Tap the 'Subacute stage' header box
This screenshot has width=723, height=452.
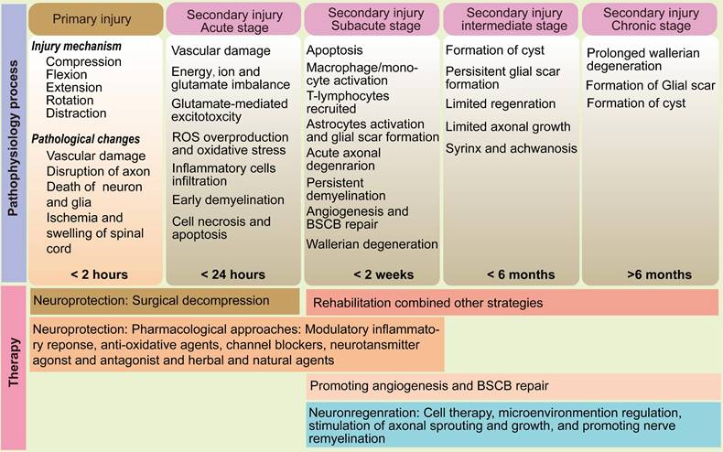[x=371, y=19]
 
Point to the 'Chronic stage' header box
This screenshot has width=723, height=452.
[x=650, y=19]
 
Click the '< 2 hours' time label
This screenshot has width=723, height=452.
[x=99, y=274]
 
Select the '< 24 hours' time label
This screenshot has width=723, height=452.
[x=232, y=274]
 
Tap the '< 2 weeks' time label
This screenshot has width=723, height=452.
[x=371, y=274]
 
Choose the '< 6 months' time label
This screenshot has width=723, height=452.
[x=509, y=274]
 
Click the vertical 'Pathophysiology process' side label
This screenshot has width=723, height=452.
[x=13, y=142]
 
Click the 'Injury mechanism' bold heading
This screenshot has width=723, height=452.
[x=75, y=46]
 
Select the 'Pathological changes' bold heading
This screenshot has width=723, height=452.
[x=85, y=138]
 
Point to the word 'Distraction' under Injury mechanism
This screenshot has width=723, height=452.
[x=76, y=113]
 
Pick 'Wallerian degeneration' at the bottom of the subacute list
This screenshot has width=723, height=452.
[x=372, y=244]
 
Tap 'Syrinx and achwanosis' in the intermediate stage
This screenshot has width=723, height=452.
[x=511, y=148]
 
